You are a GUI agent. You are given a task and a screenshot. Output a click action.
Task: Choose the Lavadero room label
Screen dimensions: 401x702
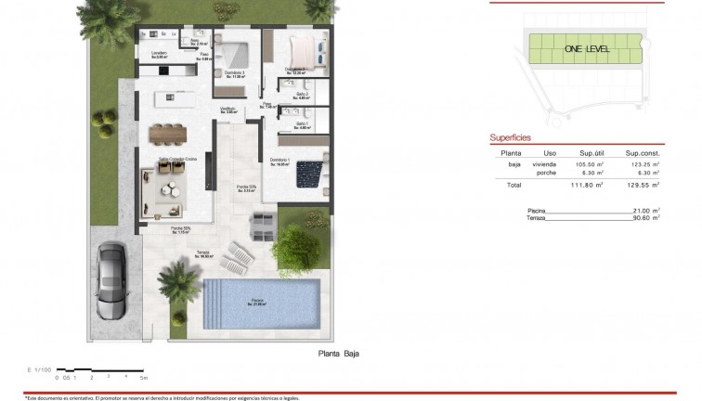pyautogui.click(x=159, y=53)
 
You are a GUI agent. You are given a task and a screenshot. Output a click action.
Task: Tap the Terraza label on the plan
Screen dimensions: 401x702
pyautogui.click(x=202, y=252)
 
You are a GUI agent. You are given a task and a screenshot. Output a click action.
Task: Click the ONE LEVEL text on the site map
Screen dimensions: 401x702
pyautogui.click(x=585, y=48)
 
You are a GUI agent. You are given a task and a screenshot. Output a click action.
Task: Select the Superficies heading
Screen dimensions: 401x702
pyautogui.click(x=510, y=137)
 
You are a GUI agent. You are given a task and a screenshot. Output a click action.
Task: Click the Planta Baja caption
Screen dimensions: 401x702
pyautogui.click(x=338, y=354)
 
